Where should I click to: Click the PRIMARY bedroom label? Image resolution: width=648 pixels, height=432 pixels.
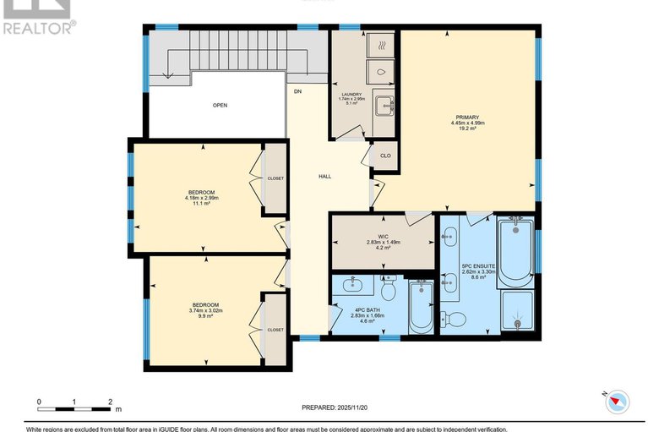point(467,118)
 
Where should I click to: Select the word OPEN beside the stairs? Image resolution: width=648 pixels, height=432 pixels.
point(220,106)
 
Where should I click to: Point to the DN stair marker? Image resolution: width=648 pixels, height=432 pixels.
point(297,90)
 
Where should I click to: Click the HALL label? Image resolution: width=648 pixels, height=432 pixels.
point(324,177)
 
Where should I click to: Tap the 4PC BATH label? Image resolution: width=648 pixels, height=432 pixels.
point(368,309)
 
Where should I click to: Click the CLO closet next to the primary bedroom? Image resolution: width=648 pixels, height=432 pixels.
point(384,156)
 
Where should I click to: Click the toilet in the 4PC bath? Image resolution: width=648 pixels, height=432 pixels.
point(389,291)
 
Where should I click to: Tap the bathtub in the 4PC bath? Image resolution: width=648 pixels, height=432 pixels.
point(420,309)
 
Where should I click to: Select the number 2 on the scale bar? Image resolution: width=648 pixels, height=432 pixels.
point(111,401)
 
